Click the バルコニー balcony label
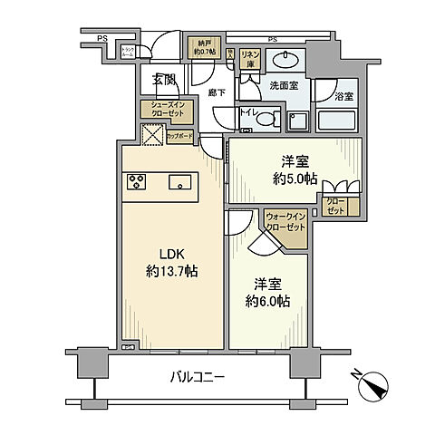tap(197, 376)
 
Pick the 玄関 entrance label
tap(164, 81)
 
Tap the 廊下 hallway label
tap(216, 92)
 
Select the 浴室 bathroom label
tap(343, 95)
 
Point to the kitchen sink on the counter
tap(180, 181)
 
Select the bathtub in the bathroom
tap(338, 121)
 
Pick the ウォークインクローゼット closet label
tap(286, 222)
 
